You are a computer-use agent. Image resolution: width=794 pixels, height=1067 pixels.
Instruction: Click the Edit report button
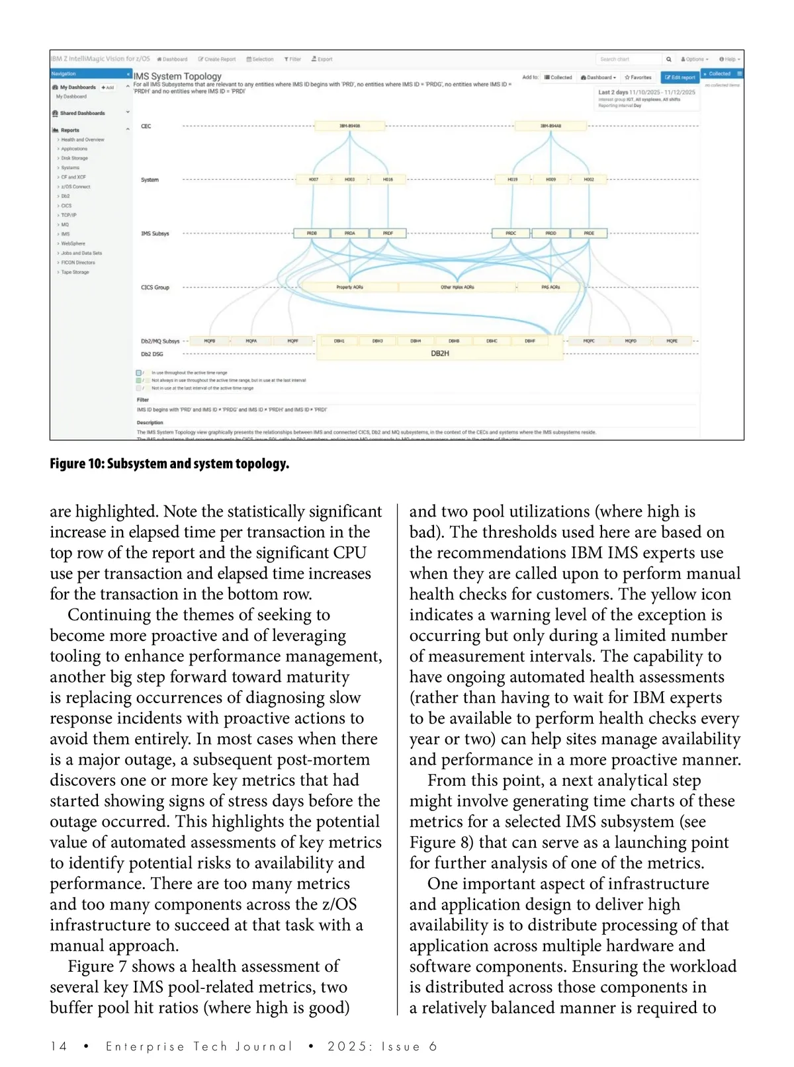click(x=680, y=77)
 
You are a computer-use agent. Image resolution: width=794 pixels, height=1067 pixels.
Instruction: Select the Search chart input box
click(x=629, y=60)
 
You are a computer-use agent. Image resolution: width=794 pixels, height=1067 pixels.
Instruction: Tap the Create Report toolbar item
click(x=217, y=60)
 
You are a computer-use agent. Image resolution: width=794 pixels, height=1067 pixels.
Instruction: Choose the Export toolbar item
click(x=322, y=60)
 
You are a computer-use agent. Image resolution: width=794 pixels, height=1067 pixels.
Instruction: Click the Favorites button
click(x=639, y=77)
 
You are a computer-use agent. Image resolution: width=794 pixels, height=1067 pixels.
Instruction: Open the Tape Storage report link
click(x=75, y=272)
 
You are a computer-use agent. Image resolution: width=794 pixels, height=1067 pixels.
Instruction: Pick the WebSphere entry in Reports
click(x=73, y=243)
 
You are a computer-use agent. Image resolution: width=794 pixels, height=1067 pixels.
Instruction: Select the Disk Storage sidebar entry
click(x=74, y=158)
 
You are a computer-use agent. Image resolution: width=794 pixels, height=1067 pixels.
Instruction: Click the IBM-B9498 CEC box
click(x=350, y=126)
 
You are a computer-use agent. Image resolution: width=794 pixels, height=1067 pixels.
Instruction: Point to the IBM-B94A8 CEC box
click(x=551, y=126)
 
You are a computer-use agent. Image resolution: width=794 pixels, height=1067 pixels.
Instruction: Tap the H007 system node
click(x=314, y=179)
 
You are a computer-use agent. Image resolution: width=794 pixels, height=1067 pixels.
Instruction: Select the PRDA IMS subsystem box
click(x=350, y=233)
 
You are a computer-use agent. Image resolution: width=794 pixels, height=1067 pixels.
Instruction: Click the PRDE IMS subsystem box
click(x=589, y=233)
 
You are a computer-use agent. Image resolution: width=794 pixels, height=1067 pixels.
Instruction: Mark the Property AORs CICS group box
click(x=349, y=287)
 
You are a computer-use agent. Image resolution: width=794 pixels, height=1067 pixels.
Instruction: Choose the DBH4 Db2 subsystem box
click(x=416, y=341)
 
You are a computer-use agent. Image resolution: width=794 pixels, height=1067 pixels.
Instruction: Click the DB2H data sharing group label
click(x=440, y=354)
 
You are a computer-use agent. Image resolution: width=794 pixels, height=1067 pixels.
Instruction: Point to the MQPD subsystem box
click(x=631, y=341)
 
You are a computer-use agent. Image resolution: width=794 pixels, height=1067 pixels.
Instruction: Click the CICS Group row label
click(x=155, y=288)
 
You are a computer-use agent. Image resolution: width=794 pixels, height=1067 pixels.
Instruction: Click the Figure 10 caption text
click(x=169, y=464)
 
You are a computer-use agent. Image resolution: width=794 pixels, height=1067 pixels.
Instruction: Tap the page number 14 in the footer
click(x=59, y=1046)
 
